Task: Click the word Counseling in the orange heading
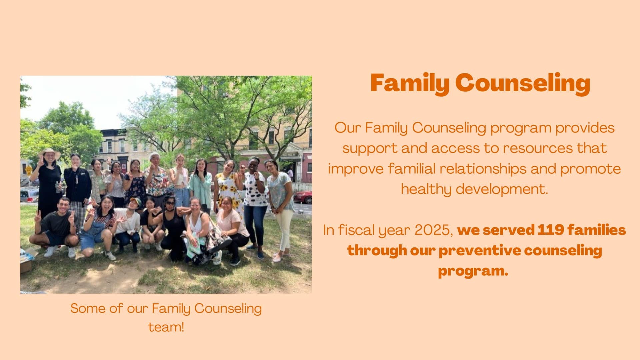click(x=523, y=83)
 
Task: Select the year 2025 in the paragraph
click(x=433, y=230)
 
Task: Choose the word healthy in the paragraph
click(x=426, y=189)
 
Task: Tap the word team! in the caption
click(x=166, y=327)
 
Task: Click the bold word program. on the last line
click(x=473, y=271)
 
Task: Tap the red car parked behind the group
click(x=303, y=197)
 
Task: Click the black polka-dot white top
click(x=255, y=189)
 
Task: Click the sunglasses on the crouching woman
click(x=170, y=203)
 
